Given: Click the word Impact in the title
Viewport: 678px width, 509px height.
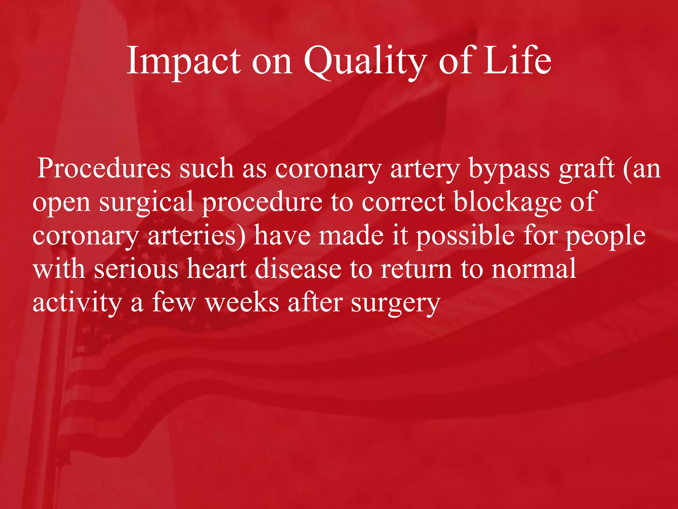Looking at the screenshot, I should tap(184, 61).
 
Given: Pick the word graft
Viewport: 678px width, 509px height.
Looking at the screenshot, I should tap(586, 169).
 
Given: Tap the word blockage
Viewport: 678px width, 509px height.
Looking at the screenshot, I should tap(507, 202).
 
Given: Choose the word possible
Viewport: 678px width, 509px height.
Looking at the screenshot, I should tap(465, 236).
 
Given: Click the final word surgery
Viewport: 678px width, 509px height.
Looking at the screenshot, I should tap(395, 304).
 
